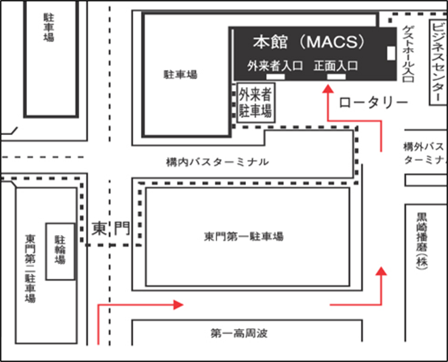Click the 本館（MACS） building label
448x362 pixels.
click(x=309, y=42)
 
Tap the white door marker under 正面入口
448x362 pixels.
click(x=336, y=77)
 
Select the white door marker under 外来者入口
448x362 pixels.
click(x=276, y=77)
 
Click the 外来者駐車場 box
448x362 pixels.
click(x=256, y=103)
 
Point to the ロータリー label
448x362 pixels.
click(x=373, y=103)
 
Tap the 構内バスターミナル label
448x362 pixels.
click(x=217, y=162)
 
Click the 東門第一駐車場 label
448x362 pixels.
click(x=243, y=236)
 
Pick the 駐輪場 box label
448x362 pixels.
click(x=60, y=250)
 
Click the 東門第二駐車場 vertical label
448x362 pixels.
click(x=30, y=268)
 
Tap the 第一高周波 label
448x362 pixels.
click(x=239, y=333)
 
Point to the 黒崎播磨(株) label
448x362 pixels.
click(x=422, y=241)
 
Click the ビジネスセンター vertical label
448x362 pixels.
click(x=438, y=62)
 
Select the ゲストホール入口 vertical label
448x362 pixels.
click(x=409, y=54)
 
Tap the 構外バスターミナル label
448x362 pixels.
click(x=425, y=153)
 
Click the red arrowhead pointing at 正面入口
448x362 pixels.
click(x=328, y=89)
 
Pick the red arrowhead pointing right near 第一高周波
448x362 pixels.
click(x=178, y=305)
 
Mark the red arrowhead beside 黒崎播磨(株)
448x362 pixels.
click(x=381, y=271)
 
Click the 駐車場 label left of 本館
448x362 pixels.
click(x=180, y=75)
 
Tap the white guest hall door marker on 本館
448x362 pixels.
click(x=391, y=53)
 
